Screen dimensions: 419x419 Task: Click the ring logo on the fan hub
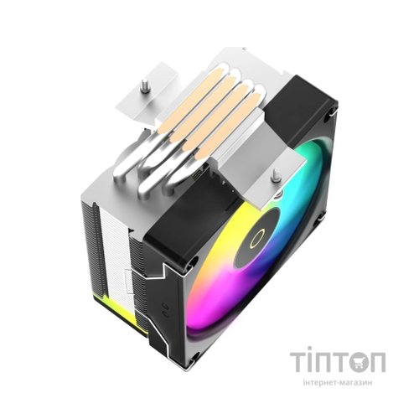tap(257, 240)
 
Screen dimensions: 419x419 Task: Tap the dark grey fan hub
tap(257, 238)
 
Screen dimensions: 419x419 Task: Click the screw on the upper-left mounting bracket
tap(144, 85)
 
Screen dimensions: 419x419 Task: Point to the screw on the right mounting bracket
tap(276, 174)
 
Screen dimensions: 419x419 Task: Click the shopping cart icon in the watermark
tap(360, 362)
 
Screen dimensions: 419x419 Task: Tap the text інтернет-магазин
tap(338, 382)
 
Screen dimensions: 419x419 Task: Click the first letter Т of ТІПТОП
tap(299, 362)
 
